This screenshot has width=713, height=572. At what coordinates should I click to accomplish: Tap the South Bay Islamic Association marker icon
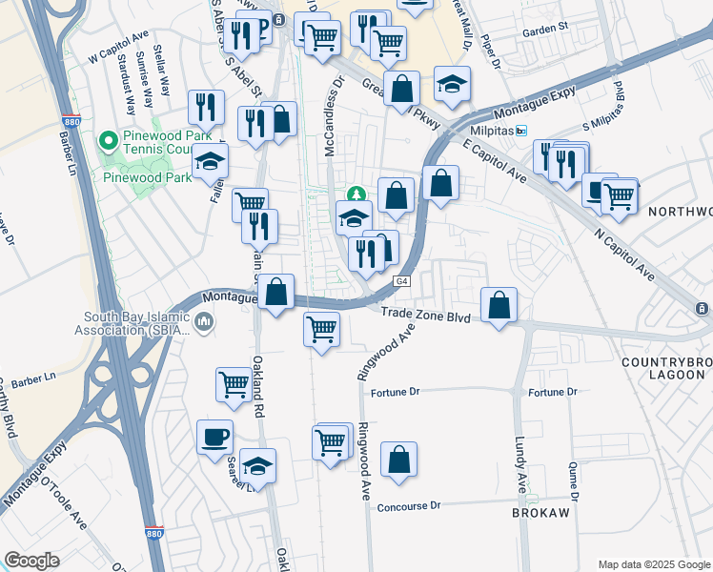pos(203,325)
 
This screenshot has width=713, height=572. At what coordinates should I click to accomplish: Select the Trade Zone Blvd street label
pos(425,316)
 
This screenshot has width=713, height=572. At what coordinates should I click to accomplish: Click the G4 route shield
pos(402,281)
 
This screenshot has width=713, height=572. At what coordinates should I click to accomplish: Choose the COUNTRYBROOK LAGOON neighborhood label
pos(665,370)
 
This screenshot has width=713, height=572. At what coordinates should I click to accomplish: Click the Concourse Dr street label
pos(409,505)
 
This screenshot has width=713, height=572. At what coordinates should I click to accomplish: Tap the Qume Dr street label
pos(573,481)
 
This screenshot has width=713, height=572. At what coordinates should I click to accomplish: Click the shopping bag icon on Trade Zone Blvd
pos(499,306)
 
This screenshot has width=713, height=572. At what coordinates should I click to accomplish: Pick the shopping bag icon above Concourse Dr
pos(398,460)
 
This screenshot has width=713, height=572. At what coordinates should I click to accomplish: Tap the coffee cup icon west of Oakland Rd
pos(214,438)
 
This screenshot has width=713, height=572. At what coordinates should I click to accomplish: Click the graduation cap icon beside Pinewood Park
pos(210,162)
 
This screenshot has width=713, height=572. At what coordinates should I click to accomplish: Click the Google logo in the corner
pos(31,561)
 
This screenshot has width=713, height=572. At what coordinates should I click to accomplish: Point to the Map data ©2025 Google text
pos(653,564)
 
